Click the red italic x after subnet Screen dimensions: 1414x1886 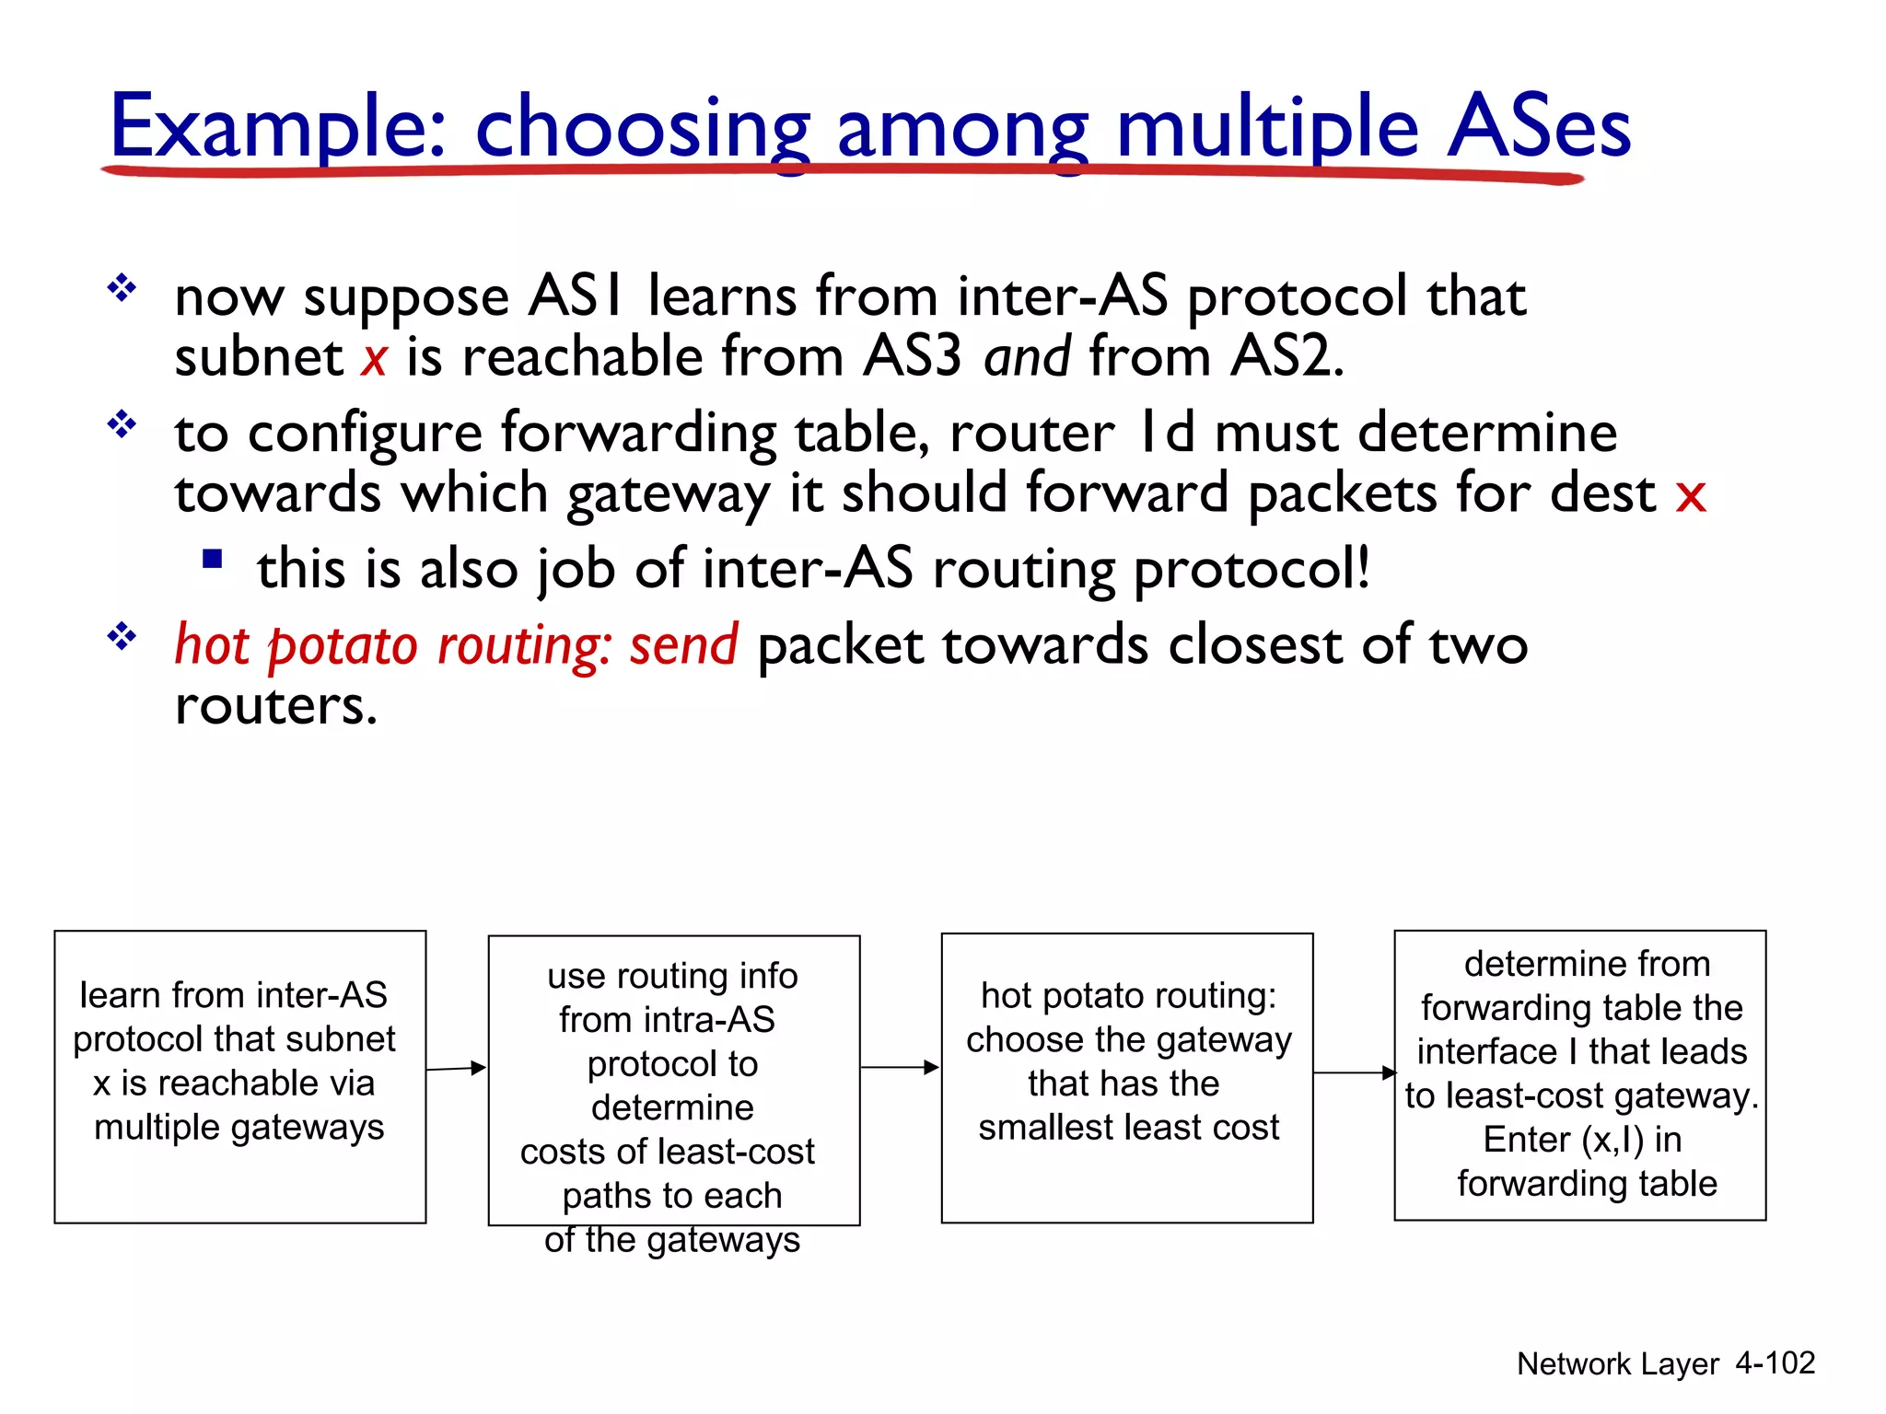(374, 359)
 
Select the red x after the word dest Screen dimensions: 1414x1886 (1691, 495)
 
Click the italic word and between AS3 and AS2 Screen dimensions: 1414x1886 (1027, 357)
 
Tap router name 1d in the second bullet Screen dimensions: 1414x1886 (1166, 433)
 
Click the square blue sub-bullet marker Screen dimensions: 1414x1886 (213, 559)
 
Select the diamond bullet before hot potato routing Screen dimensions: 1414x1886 (122, 635)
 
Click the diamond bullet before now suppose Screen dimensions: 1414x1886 (122, 288)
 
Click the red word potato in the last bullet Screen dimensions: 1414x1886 (343, 646)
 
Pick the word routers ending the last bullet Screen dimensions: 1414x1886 (275, 706)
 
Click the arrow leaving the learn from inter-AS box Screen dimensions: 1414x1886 (456, 1068)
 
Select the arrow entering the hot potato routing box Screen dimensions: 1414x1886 (900, 1067)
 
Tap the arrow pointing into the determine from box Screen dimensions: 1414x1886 (1354, 1072)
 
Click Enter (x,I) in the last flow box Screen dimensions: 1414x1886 (1581, 1140)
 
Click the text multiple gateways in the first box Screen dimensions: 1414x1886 (239, 1127)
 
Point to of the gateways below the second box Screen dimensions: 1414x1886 (671, 1240)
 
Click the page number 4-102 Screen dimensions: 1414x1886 (1775, 1362)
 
